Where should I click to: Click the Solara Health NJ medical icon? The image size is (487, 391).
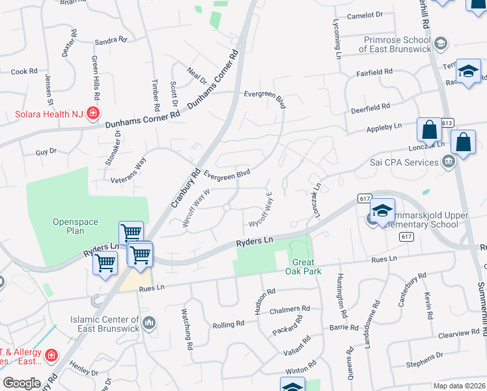click(x=93, y=114)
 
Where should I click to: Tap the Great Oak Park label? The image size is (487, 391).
click(x=303, y=267)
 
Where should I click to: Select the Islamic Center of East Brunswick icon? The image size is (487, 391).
click(x=149, y=323)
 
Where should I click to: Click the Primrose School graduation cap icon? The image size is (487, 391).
click(x=441, y=44)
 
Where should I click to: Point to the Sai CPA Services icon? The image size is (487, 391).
click(x=448, y=162)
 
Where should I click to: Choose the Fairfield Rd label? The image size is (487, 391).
click(x=374, y=72)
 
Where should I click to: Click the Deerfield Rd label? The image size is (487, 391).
click(x=370, y=106)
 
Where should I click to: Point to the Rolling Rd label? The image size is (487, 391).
click(x=229, y=324)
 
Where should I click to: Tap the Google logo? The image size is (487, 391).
click(x=22, y=383)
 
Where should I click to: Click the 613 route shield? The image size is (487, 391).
click(x=446, y=123)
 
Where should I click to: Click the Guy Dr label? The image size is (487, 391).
click(x=46, y=151)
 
